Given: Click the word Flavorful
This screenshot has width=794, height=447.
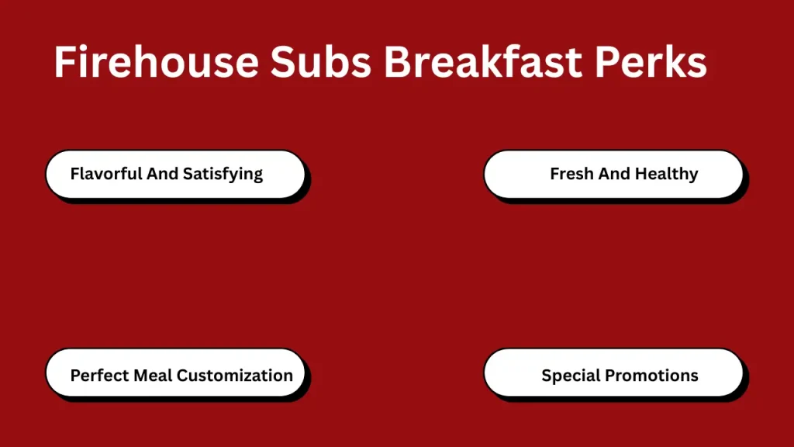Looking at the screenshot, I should tap(105, 174).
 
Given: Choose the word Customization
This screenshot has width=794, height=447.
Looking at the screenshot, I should tap(235, 376).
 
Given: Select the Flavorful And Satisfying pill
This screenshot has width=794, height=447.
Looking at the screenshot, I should tap(175, 174).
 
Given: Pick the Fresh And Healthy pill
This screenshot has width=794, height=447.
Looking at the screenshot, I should tap(613, 174).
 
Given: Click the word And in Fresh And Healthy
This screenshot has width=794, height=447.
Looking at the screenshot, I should tap(614, 174).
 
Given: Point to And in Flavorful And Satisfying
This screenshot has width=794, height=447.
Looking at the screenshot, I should tap(163, 174).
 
